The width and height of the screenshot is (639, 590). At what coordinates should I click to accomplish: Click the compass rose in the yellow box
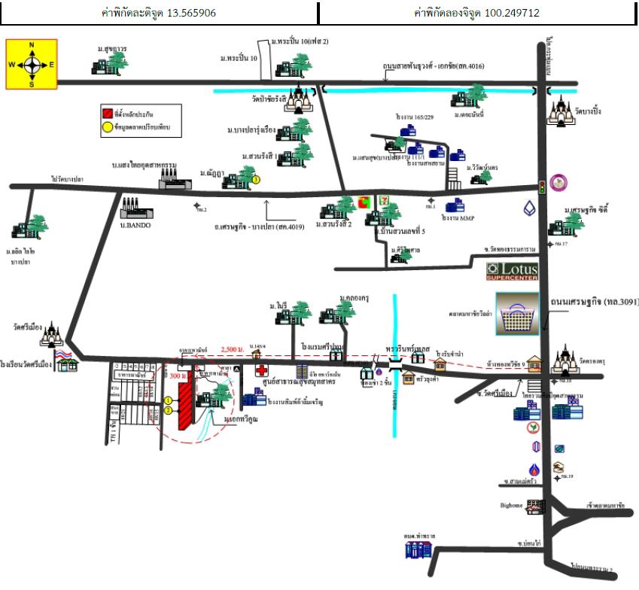coord(32,65)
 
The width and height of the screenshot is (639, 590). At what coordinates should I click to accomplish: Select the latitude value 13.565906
coord(187,13)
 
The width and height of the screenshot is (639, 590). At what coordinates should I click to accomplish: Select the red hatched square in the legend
coord(107,114)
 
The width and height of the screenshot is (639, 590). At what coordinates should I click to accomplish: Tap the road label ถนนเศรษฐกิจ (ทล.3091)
coord(594,302)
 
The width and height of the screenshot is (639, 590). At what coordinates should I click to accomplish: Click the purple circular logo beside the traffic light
coord(558,182)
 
